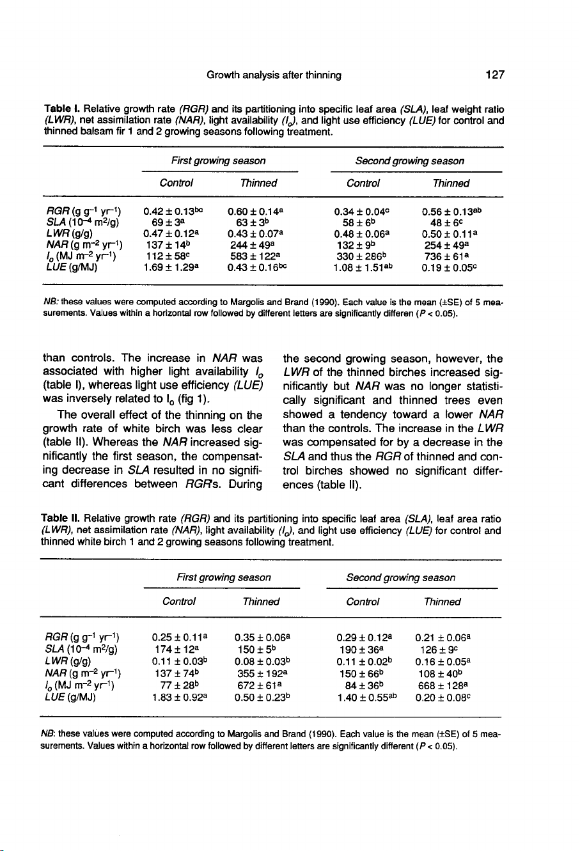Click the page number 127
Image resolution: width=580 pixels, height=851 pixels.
494,75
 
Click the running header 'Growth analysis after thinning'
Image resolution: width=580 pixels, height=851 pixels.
274,75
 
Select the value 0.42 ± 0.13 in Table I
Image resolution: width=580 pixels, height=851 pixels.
171,209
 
